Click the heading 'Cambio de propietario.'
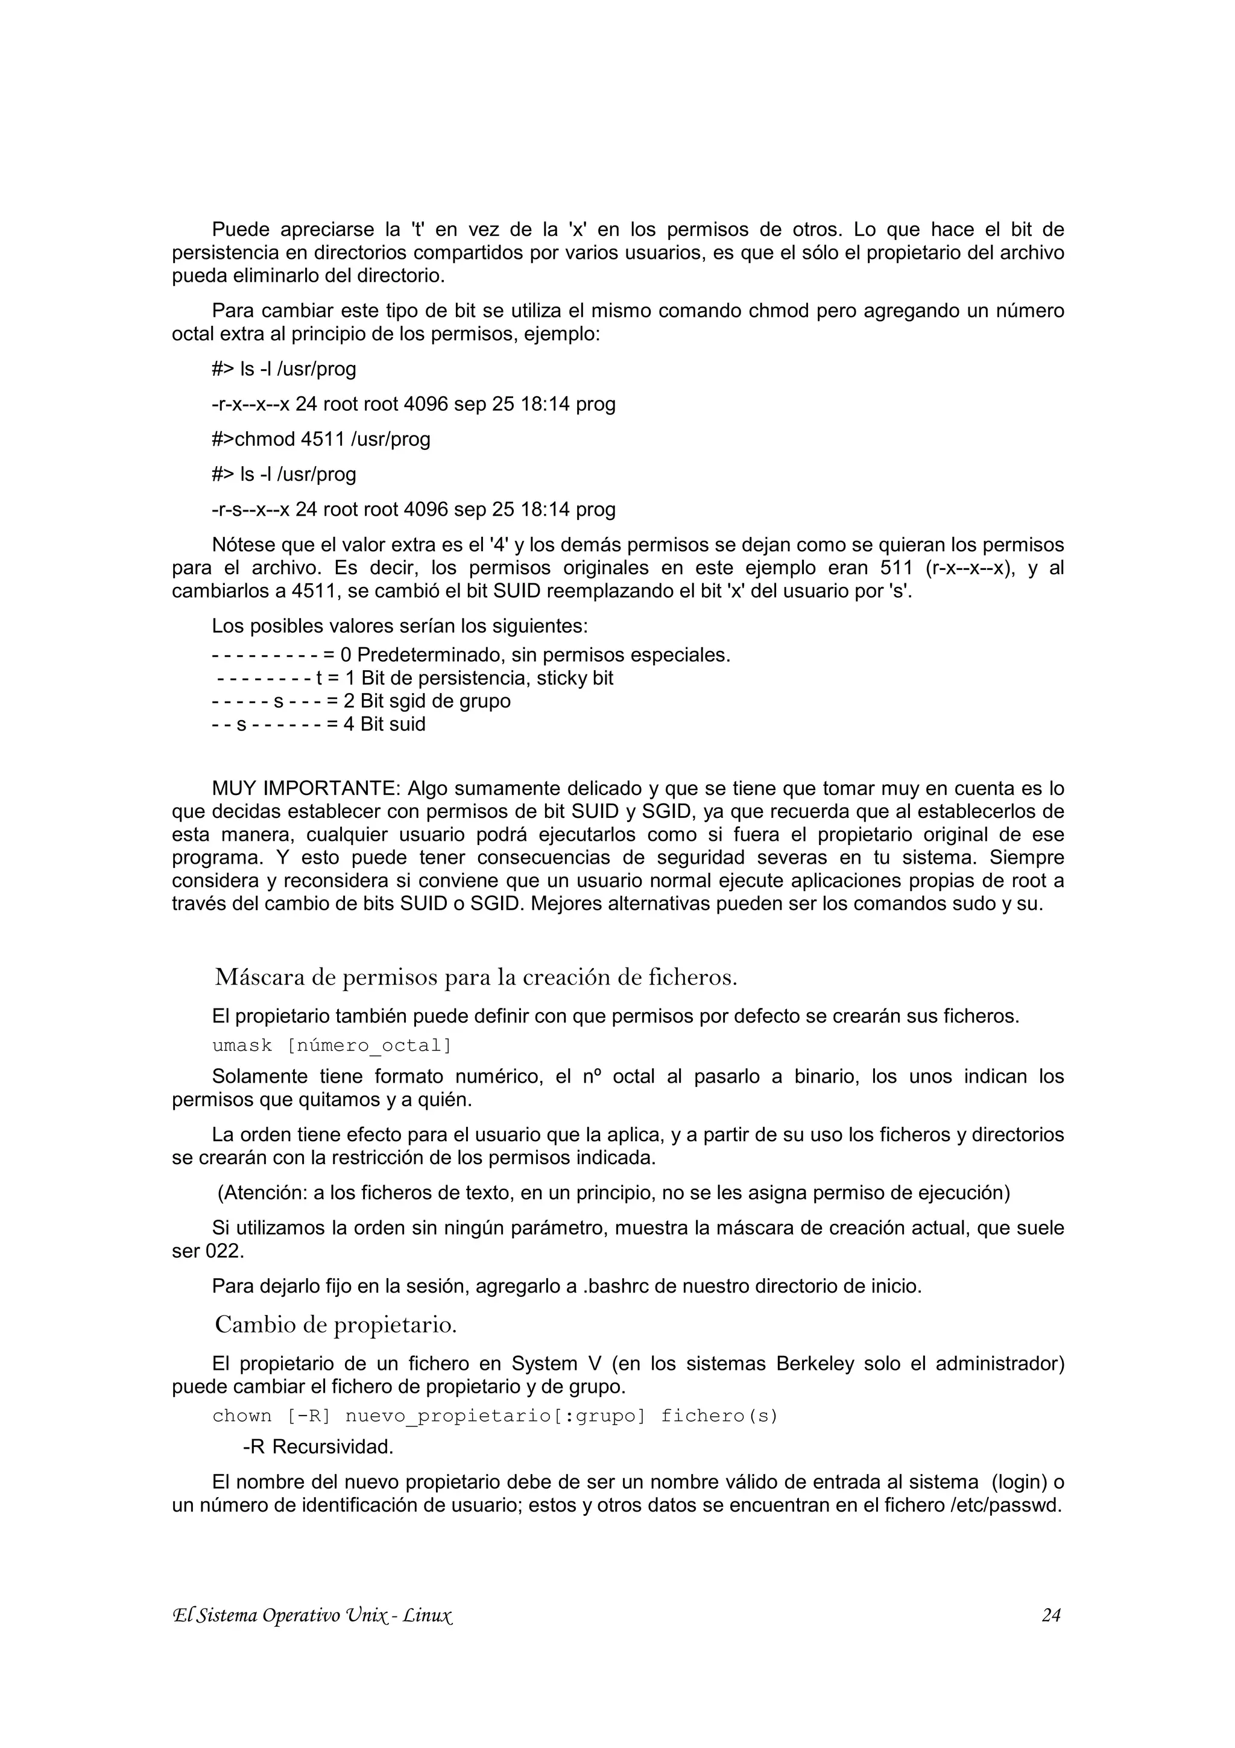pyautogui.click(x=335, y=1325)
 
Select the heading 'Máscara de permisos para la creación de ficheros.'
pyautogui.click(x=476, y=977)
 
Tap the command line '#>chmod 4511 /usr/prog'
pyautogui.click(x=321, y=439)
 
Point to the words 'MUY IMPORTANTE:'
pyautogui.click(x=307, y=788)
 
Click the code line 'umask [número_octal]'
pyautogui.click(x=332, y=1045)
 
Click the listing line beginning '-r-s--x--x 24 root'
pyautogui.click(x=413, y=509)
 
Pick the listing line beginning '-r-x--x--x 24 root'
pyautogui.click(x=413, y=404)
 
